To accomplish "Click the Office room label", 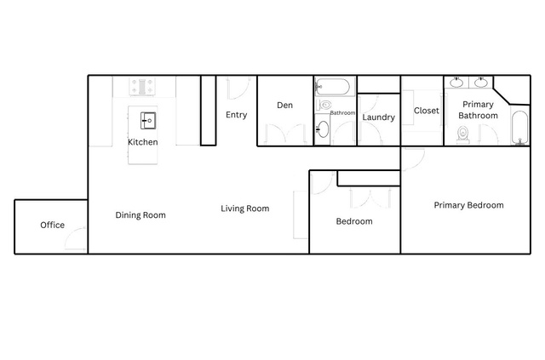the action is click(x=53, y=225).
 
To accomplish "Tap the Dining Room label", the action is click(x=141, y=215).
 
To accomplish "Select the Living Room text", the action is click(x=245, y=209).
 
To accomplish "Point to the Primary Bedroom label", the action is click(x=468, y=205).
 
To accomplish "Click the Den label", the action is click(x=284, y=105).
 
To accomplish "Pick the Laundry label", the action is click(x=378, y=117).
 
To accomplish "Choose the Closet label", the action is click(x=426, y=111).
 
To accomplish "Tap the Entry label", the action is click(x=237, y=115).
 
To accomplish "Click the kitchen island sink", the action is click(x=148, y=121).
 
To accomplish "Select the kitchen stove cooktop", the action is click(x=142, y=86).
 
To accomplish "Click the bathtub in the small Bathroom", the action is click(x=333, y=87).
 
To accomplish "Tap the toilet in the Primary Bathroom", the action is click(x=462, y=134).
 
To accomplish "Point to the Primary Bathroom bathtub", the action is click(x=519, y=128).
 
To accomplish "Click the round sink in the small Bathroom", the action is click(x=323, y=129).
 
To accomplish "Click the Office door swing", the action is click(x=75, y=239).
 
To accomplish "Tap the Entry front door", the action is click(x=238, y=89).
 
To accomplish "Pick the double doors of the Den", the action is click(x=285, y=134).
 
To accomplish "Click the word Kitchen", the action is click(x=143, y=142).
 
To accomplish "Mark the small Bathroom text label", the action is click(x=342, y=113).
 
